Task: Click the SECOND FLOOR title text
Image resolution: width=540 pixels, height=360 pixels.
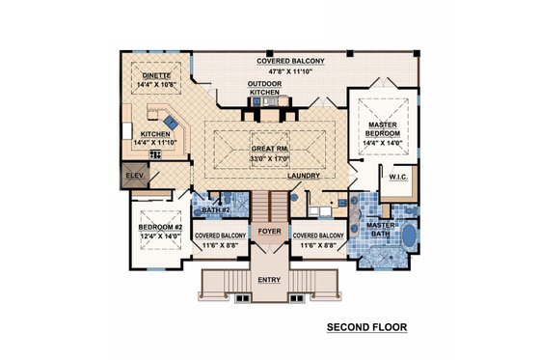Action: pyautogui.click(x=365, y=328)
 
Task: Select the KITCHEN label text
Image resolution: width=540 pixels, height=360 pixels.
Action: pyautogui.click(x=156, y=134)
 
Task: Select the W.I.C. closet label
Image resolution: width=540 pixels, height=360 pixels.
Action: pyautogui.click(x=398, y=177)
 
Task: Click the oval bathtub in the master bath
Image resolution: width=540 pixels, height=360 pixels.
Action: pyautogui.click(x=408, y=235)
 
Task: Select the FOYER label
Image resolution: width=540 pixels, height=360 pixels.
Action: pyautogui.click(x=269, y=231)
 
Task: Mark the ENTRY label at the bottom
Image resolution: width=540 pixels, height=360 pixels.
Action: pyautogui.click(x=269, y=280)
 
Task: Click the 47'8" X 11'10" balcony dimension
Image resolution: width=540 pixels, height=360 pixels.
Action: pyautogui.click(x=290, y=70)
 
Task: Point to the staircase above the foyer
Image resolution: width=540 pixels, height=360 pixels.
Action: pyautogui.click(x=269, y=205)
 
